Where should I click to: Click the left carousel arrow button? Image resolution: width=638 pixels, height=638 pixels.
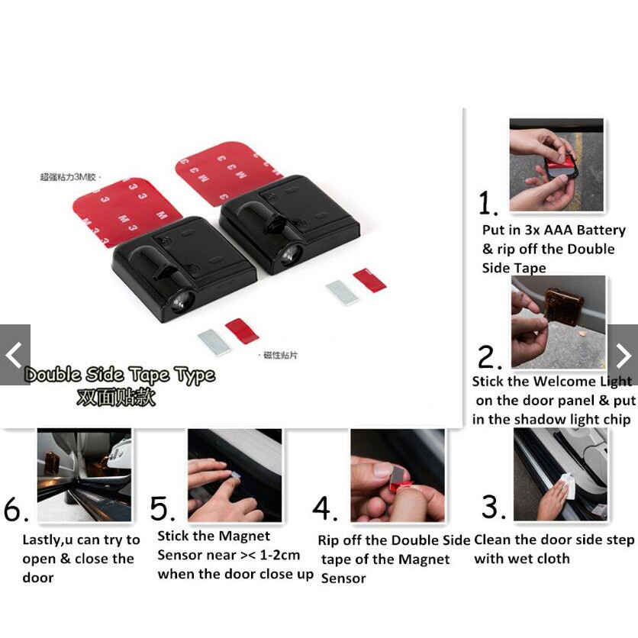[15, 355]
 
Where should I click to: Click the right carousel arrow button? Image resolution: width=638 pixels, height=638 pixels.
[623, 355]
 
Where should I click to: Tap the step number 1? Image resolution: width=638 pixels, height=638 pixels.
[488, 203]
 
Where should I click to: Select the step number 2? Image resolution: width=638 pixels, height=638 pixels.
[489, 357]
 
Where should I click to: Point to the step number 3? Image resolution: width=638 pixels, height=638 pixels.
[493, 507]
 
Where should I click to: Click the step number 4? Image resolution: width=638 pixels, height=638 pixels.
[324, 508]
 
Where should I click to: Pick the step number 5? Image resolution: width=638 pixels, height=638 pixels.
[163, 508]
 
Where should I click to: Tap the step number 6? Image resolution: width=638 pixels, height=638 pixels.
[16, 508]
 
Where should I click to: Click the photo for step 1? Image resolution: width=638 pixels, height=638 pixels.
[556, 165]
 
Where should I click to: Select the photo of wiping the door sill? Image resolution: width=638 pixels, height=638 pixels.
[560, 475]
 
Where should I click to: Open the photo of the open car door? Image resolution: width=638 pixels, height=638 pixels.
[84, 475]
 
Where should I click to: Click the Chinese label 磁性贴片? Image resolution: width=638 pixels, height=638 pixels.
[280, 355]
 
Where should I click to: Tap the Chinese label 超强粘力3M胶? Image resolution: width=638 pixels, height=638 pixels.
[68, 177]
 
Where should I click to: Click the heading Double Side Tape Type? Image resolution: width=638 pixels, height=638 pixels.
[120, 375]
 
